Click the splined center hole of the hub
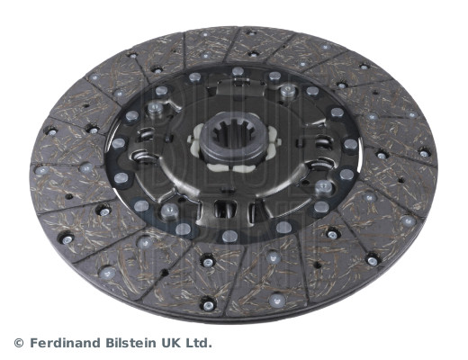[x=234, y=133]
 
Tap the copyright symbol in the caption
[x=19, y=343]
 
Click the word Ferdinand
[x=66, y=342]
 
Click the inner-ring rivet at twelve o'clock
[x=238, y=71]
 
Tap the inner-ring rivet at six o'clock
[x=229, y=236]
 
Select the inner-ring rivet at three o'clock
[x=350, y=145]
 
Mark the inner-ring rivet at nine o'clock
[x=119, y=143]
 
